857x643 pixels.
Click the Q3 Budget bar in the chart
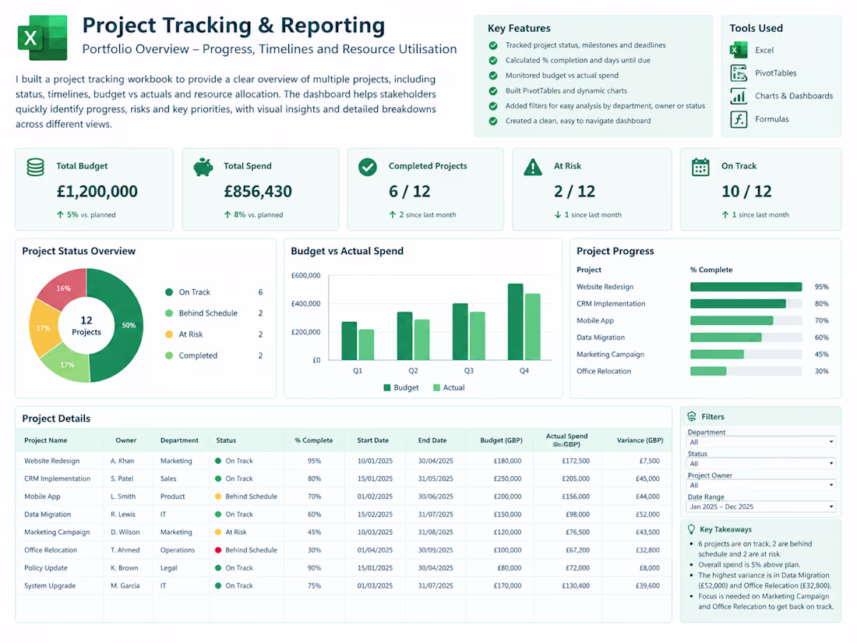460,331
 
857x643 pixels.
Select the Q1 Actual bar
366,344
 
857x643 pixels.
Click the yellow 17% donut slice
43,328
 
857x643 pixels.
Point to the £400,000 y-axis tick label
305,303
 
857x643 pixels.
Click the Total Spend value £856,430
258,192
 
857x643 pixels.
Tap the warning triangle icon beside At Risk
533,168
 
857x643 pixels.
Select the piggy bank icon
203,167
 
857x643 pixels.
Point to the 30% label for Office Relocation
821,371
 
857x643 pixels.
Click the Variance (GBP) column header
640,440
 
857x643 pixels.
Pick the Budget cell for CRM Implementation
507,479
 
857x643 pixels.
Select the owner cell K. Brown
124,568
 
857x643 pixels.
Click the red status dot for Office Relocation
218,550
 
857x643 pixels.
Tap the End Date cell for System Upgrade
436,585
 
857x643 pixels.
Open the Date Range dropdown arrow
831,507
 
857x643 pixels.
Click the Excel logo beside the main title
43,37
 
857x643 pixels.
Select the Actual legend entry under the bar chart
449,387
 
